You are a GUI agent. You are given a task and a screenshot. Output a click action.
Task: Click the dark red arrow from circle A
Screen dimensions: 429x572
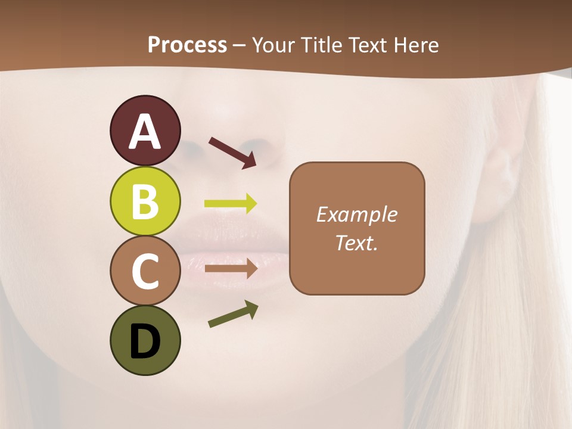[x=232, y=153]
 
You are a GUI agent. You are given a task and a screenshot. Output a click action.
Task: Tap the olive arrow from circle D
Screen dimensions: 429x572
[x=233, y=314]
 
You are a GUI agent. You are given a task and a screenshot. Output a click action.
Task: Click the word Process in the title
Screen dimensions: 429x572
[x=187, y=45]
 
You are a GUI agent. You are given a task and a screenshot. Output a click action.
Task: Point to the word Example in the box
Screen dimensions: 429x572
[x=356, y=214]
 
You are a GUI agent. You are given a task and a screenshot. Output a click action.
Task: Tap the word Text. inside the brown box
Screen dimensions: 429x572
[x=356, y=243]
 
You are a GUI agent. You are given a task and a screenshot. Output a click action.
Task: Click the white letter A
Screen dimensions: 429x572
[x=145, y=132]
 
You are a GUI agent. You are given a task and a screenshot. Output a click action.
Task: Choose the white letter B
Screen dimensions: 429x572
[x=145, y=202]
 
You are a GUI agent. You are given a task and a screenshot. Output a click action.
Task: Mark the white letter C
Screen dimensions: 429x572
[x=145, y=272]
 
